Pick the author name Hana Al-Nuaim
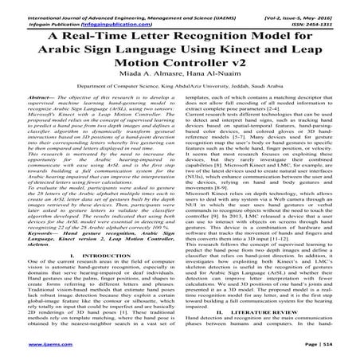point(208,81)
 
